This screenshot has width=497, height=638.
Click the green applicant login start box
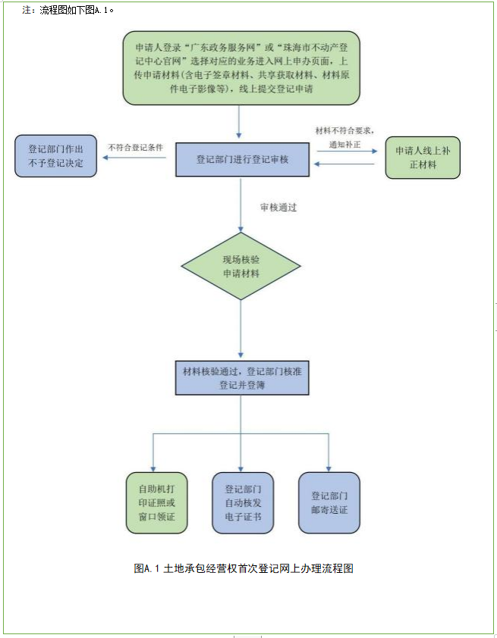tap(241, 67)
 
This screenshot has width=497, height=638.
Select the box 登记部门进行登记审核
tap(242, 160)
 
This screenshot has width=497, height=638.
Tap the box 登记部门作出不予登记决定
tap(55, 156)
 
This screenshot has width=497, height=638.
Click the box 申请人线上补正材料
tap(422, 158)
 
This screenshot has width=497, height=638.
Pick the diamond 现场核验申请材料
tap(241, 266)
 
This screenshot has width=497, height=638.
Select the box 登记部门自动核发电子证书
tap(242, 502)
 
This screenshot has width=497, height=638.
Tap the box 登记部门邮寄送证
tap(329, 502)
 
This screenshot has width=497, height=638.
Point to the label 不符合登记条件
tap(136, 147)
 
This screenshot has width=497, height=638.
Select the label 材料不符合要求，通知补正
tap(345, 136)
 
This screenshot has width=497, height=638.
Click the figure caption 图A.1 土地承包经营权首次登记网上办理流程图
tap(244, 568)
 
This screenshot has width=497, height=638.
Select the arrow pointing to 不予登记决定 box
tap(137, 158)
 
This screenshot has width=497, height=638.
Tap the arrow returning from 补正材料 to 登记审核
tap(345, 164)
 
